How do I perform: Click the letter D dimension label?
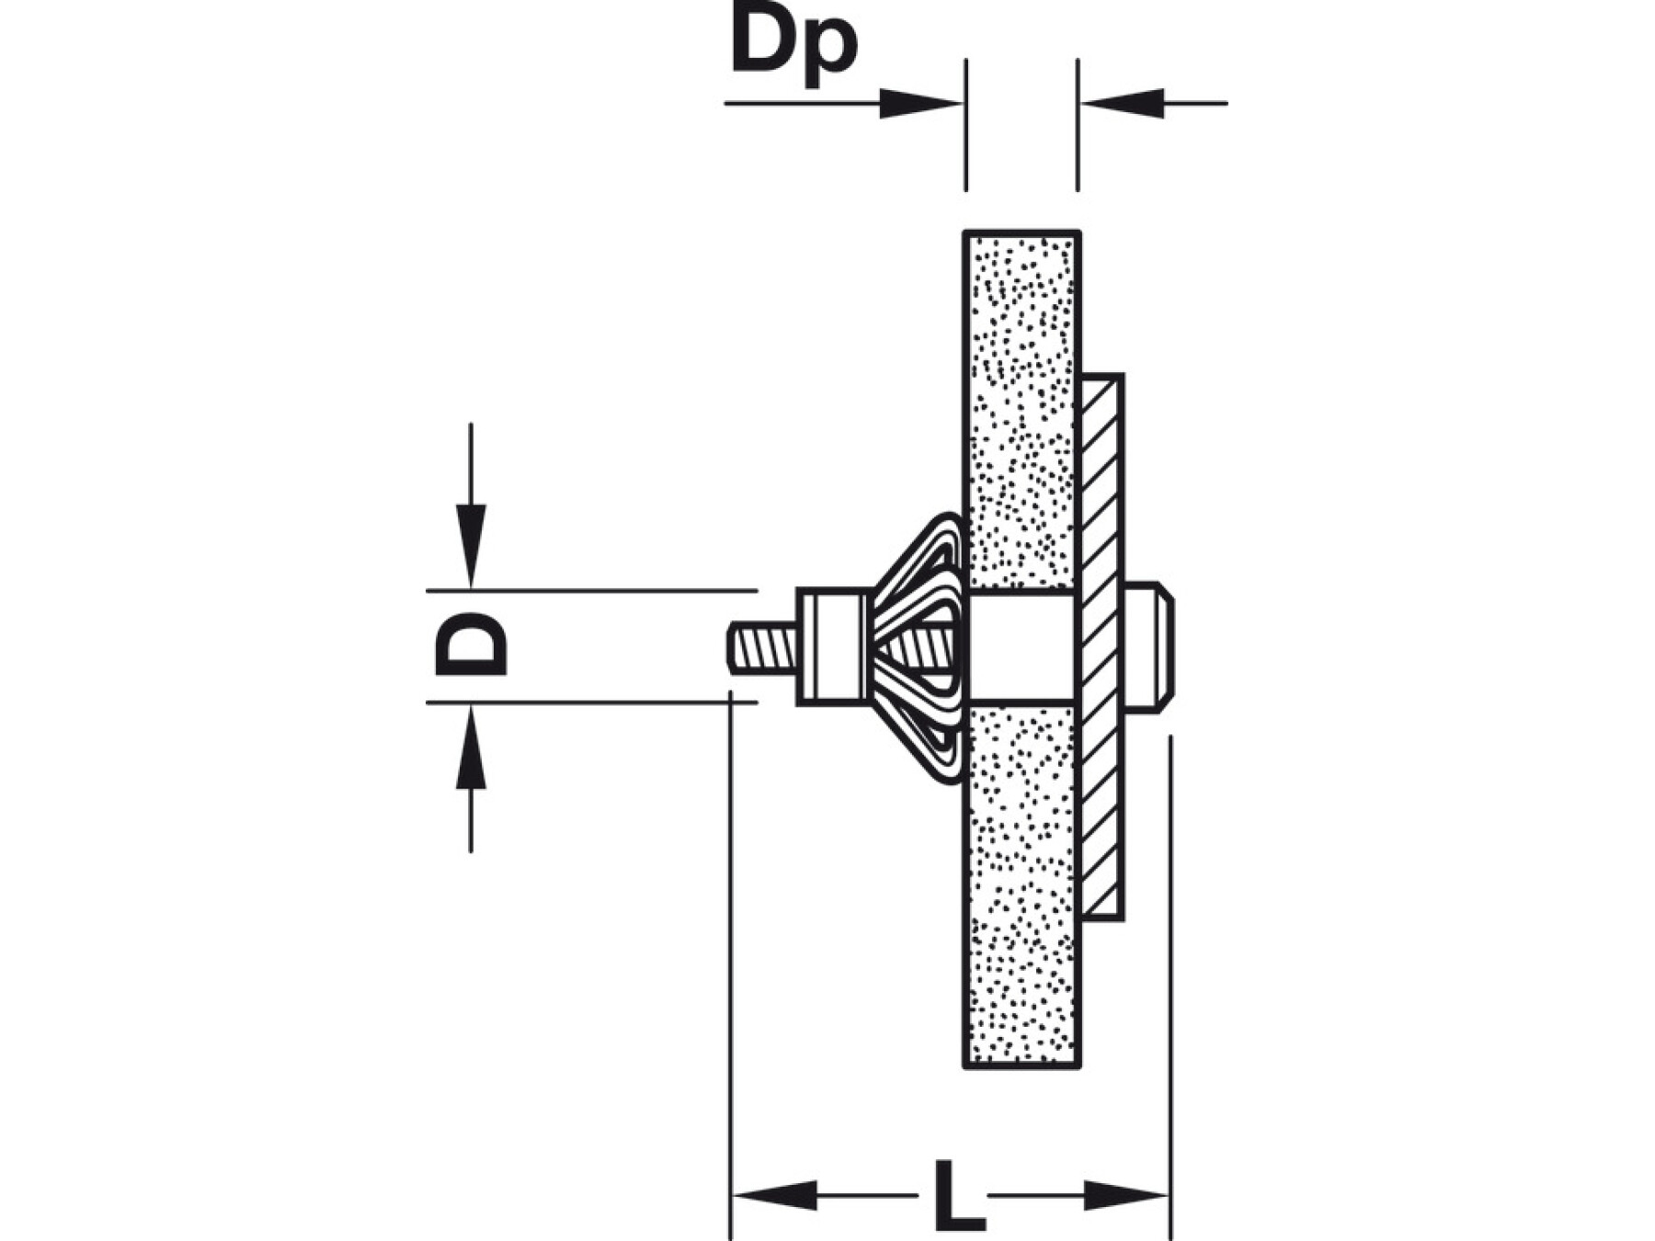click(x=471, y=644)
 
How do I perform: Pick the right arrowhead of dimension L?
click(x=1125, y=1196)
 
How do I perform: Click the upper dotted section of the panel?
click(x=1021, y=404)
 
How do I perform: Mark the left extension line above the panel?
click(x=965, y=124)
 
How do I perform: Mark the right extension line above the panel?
click(x=1078, y=124)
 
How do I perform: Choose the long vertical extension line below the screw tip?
click(x=730, y=965)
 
